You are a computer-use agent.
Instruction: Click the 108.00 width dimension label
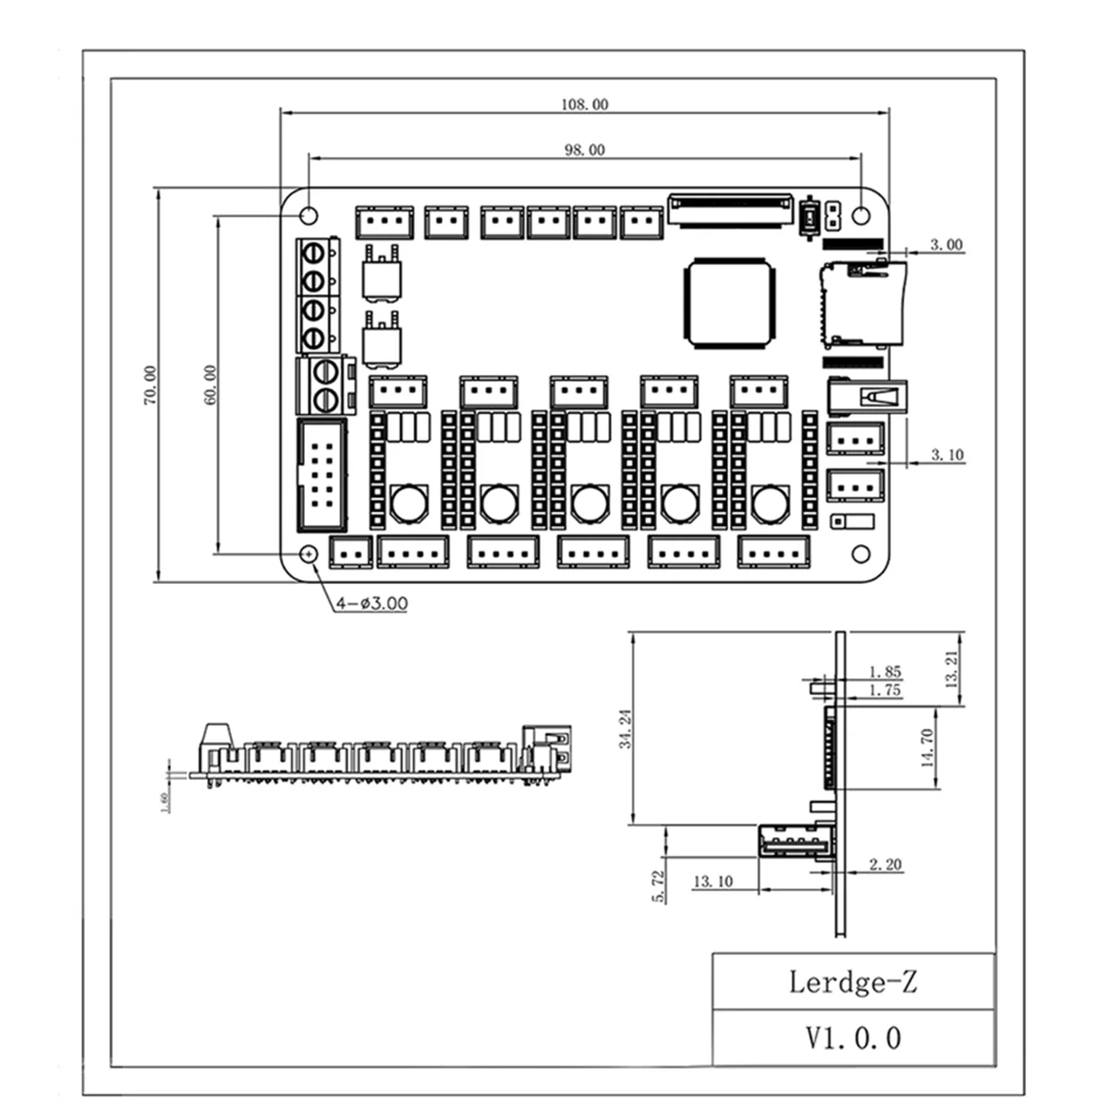pos(584,104)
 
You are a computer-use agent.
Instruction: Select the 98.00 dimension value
pos(584,150)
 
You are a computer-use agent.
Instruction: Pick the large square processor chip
pos(728,303)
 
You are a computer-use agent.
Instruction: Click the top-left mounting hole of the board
pos(309,216)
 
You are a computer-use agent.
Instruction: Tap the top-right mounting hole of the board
pos(861,216)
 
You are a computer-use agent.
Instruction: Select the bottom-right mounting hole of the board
pos(861,554)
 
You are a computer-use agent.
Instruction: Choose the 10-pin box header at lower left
pos(322,476)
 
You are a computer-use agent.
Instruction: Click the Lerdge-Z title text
pos(852,981)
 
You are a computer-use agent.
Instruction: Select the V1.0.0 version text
pos(852,1037)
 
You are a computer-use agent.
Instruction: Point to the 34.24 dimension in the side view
pos(626,727)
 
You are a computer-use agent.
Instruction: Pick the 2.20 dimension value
pos(885,865)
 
